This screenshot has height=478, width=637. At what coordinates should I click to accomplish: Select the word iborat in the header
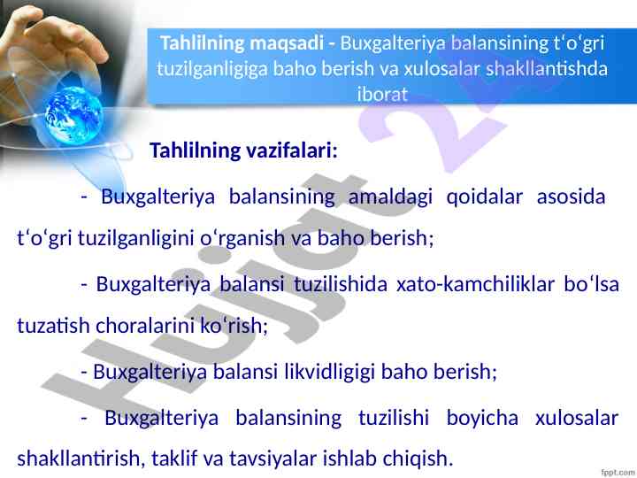pyautogui.click(x=382, y=94)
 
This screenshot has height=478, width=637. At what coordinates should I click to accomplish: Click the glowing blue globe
pyautogui.click(x=73, y=115)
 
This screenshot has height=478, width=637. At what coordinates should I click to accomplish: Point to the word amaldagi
pyautogui.click(x=390, y=197)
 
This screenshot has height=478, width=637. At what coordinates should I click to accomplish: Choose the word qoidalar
pyautogui.click(x=484, y=197)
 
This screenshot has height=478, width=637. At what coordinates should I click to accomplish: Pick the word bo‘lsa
pyautogui.click(x=591, y=284)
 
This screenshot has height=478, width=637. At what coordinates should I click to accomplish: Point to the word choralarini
pyautogui.click(x=145, y=325)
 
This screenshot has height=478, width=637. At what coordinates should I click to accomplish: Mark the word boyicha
pyautogui.click(x=482, y=418)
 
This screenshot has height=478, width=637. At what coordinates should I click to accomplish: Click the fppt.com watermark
pyautogui.click(x=618, y=473)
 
